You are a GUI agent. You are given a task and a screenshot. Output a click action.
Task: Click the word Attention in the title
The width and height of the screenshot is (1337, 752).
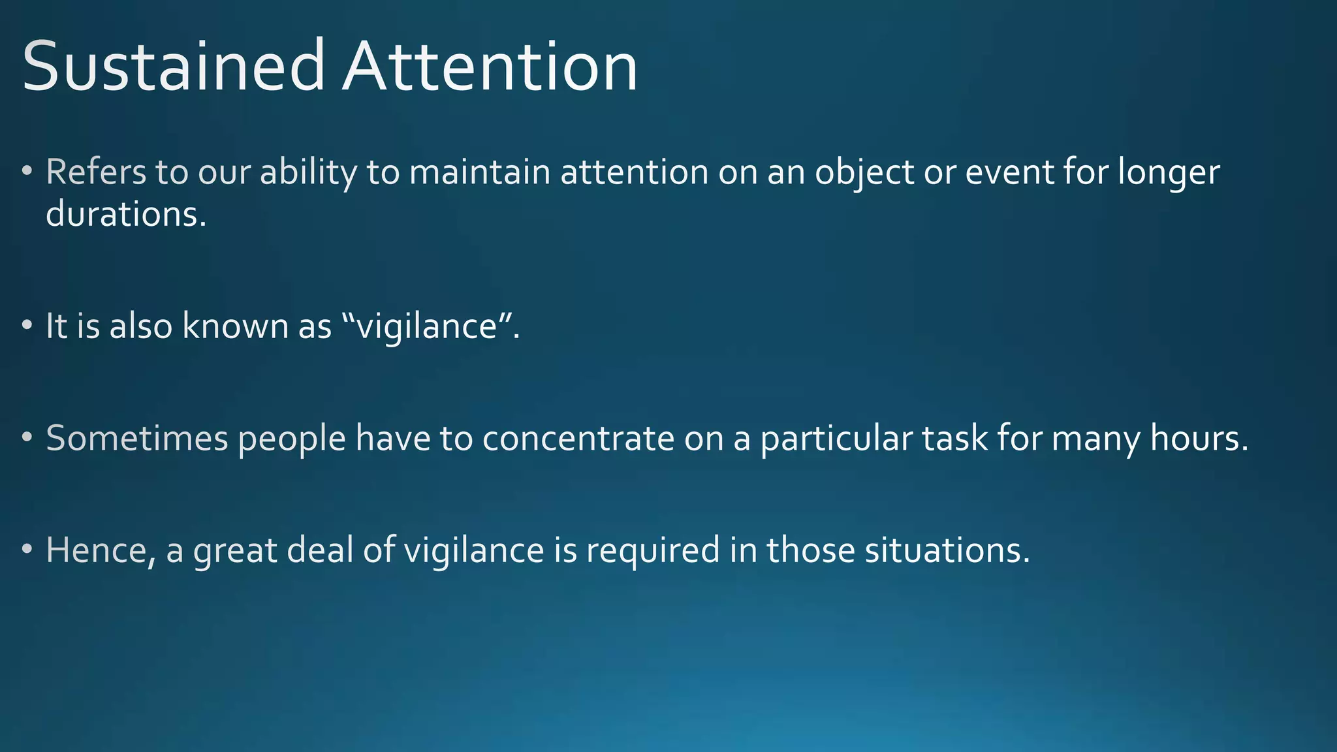(x=490, y=67)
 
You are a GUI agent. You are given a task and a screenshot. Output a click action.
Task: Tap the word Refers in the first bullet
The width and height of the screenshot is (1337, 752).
(x=96, y=172)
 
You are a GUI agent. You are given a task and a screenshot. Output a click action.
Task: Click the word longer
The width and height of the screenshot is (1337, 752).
(x=1169, y=174)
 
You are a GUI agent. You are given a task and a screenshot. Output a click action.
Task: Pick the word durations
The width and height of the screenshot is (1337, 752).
(x=125, y=214)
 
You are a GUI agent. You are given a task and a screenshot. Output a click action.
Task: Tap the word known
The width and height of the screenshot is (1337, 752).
(x=236, y=326)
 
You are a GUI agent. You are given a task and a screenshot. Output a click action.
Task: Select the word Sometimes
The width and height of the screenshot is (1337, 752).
(x=136, y=438)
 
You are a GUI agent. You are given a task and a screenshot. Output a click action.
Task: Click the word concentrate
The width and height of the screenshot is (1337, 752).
(x=578, y=438)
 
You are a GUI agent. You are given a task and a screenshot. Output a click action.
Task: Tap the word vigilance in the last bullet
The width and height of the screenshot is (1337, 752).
(x=473, y=550)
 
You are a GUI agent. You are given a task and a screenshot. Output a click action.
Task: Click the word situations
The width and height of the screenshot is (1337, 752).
(x=947, y=550)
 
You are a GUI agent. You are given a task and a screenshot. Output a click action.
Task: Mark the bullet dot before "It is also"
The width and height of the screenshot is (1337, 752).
(x=26, y=326)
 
